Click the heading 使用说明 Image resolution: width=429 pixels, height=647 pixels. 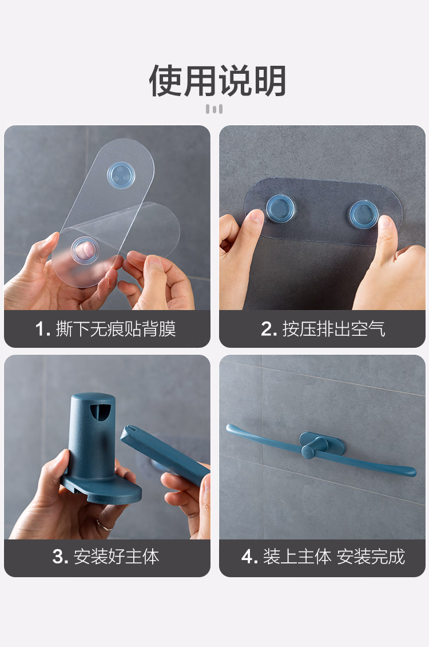[217, 81]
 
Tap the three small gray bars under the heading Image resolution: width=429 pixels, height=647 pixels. [214, 109]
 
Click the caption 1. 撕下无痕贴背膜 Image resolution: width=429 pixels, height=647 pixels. [106, 329]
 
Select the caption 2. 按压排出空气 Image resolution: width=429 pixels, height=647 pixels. [323, 329]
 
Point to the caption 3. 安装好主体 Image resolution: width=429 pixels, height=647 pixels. [106, 557]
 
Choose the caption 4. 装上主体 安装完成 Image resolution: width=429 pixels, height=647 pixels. [323, 557]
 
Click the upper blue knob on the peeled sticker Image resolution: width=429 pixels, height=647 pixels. [121, 176]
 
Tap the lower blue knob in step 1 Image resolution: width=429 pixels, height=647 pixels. [85, 250]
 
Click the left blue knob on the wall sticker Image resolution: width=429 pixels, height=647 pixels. [280, 208]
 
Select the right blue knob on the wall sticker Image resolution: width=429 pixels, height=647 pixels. [364, 214]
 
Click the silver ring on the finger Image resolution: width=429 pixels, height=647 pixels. [104, 525]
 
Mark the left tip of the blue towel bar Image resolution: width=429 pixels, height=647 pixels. [228, 427]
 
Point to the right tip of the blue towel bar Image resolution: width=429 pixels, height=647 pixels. [413, 471]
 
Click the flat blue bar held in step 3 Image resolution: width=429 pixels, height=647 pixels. [165, 454]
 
